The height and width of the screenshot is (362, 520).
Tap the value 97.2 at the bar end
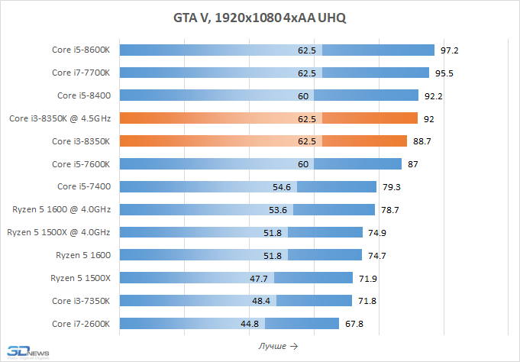tap(449, 50)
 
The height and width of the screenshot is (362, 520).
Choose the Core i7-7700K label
tap(81, 73)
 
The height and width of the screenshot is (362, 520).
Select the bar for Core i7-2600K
tap(229, 324)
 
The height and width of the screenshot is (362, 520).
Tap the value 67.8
tap(354, 324)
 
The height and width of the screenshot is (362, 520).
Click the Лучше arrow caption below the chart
tap(278, 346)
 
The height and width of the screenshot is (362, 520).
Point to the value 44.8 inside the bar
tap(250, 324)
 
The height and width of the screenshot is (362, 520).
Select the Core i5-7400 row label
tap(84, 187)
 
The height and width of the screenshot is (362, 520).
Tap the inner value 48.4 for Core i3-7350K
tap(260, 301)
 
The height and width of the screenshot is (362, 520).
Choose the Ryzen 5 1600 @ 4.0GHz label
tap(62, 210)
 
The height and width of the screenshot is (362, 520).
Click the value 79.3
tap(393, 187)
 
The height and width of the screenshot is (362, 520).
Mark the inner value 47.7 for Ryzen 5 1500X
tap(259, 278)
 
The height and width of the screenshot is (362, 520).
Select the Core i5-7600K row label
tap(81, 164)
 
